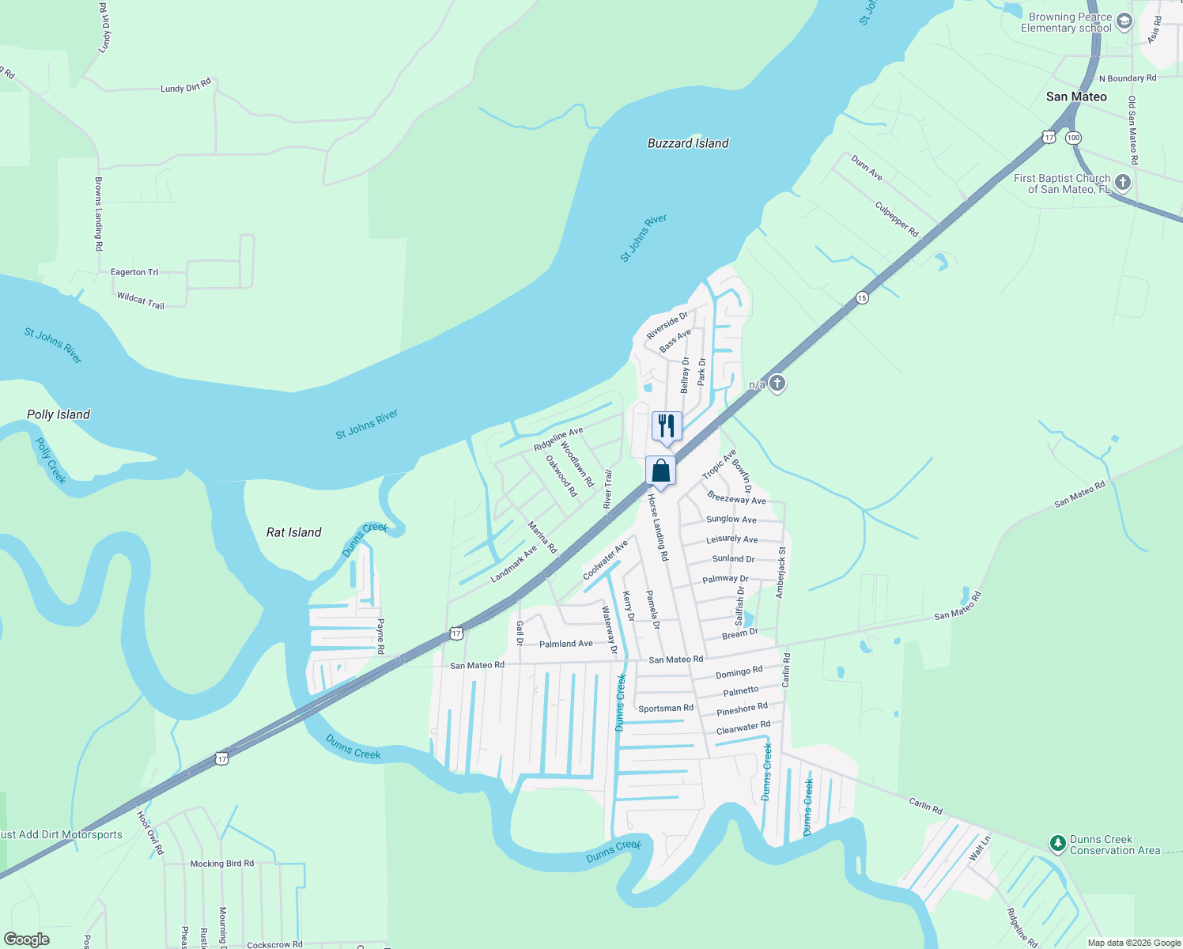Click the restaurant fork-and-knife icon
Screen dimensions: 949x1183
tap(667, 426)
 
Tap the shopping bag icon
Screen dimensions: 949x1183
tap(660, 471)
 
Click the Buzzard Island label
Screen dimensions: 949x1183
tap(688, 143)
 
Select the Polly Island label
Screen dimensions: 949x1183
tap(59, 414)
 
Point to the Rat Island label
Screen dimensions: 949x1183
tap(294, 532)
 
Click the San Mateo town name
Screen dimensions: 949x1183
tap(1076, 96)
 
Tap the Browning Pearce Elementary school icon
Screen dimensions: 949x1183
tap(1124, 22)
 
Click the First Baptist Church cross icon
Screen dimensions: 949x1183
tap(1122, 183)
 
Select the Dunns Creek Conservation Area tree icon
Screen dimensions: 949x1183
tap(1057, 844)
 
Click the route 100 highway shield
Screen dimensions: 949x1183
tap(1072, 138)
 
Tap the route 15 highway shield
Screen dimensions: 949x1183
tap(862, 298)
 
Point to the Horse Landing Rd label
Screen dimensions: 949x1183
tap(658, 528)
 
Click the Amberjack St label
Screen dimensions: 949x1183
tap(781, 572)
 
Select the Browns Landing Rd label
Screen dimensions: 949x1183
tap(99, 214)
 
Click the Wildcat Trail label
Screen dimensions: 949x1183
tap(141, 301)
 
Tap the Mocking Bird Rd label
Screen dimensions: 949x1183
tap(222, 864)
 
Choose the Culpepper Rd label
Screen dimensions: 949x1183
tap(897, 219)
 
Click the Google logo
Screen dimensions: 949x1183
tap(27, 940)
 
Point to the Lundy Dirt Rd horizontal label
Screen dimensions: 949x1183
tap(186, 85)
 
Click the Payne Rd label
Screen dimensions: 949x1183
tap(380, 637)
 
